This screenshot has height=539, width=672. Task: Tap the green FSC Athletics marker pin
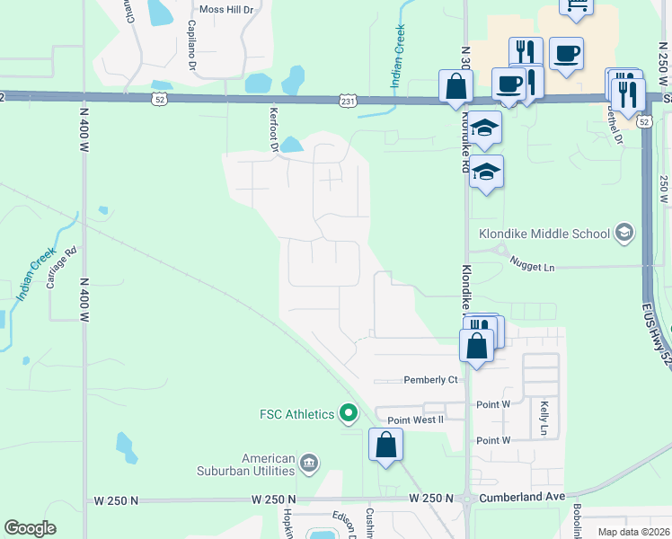pos(349,414)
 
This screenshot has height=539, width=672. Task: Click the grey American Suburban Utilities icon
pos(309,464)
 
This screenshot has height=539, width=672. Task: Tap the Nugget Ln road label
pos(533,267)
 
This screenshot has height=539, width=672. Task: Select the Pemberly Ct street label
pos(431,380)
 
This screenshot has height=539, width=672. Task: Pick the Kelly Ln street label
pos(544,418)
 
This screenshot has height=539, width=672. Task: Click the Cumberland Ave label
pos(519,497)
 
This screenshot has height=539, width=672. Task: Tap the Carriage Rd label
pos(52,269)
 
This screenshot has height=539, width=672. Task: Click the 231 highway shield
pos(348,101)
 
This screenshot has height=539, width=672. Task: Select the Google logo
pos(30,528)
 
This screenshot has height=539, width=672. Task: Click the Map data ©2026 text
pos(634,532)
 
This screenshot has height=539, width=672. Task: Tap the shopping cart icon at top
pos(576,5)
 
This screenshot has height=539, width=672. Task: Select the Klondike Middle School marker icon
pos(623,234)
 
